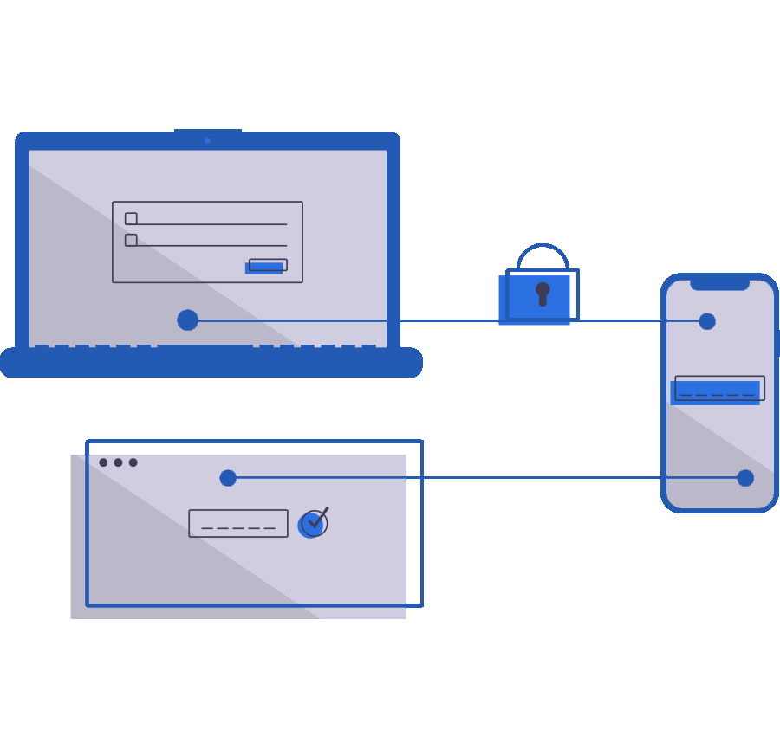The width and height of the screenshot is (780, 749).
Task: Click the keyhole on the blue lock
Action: pyautogui.click(x=543, y=293)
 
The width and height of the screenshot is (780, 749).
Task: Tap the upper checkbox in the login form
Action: pyautogui.click(x=131, y=219)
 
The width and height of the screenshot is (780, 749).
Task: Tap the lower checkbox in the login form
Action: pyautogui.click(x=131, y=240)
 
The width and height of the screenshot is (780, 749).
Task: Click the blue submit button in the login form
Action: pyautogui.click(x=267, y=266)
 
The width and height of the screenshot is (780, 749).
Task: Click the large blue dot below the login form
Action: pyautogui.click(x=187, y=320)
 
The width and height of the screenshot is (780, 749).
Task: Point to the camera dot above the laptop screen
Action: pyautogui.click(x=207, y=140)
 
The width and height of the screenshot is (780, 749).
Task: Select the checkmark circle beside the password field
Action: pyautogui.click(x=313, y=524)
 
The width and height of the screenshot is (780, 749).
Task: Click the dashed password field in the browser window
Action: pyautogui.click(x=238, y=523)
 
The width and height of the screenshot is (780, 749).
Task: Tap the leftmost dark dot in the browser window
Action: pyautogui.click(x=103, y=462)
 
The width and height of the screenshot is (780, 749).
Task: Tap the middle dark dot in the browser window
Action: pyautogui.click(x=118, y=462)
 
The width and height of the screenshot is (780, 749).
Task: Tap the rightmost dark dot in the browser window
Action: pyautogui.click(x=133, y=462)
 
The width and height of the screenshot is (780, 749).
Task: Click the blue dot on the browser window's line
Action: pyautogui.click(x=228, y=478)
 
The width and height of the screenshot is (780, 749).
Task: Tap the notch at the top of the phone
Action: pyautogui.click(x=719, y=284)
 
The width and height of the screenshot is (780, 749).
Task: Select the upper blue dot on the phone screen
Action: pyautogui.click(x=707, y=321)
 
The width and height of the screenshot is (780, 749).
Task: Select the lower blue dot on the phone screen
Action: pyautogui.click(x=745, y=478)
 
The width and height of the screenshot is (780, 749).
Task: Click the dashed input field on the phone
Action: pyautogui.click(x=718, y=389)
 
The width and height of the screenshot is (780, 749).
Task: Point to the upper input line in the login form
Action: pyautogui.click(x=211, y=224)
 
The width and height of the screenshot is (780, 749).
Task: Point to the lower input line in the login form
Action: pyautogui.click(x=211, y=245)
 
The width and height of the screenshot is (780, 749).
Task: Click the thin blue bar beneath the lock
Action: pyautogui.click(x=534, y=324)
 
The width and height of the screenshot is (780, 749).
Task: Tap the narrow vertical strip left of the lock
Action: pyautogui.click(x=502, y=297)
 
